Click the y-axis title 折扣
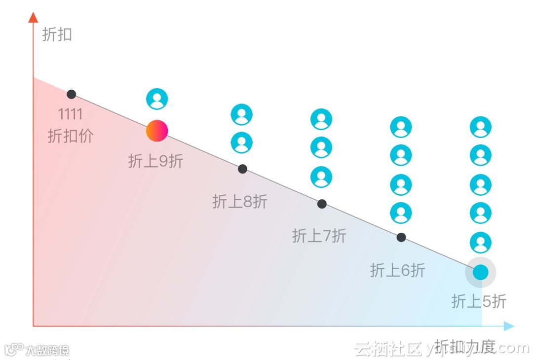pos(57,35)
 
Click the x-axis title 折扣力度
pos(465,346)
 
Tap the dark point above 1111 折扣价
pos(72,94)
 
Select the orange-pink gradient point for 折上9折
pos(157,131)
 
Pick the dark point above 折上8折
pos(242,169)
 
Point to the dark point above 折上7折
pos(322,204)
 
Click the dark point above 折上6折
pos(401,237)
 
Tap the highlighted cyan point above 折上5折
pos(481,272)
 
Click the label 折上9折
pos(155,161)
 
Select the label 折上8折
pos(240,201)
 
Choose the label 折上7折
pos(319,236)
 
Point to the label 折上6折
pos(397,270)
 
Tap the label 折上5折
pos(479,301)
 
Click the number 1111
pos(71,114)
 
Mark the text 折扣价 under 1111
pos(71,136)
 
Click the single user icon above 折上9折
pos(157,99)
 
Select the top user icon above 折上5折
pos(481,127)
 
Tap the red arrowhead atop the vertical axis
pos(33,18)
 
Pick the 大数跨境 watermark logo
pos(37,350)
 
